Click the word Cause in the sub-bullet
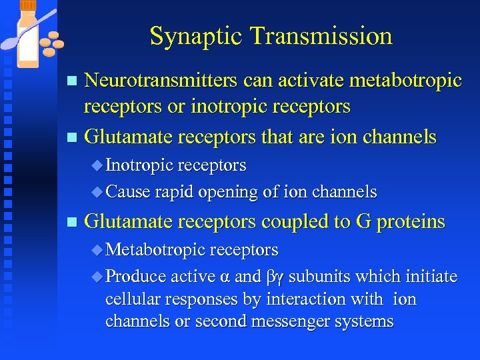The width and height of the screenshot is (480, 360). pos(128,193)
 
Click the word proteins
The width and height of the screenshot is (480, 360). pos(411,222)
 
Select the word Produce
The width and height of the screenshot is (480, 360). pos(136,276)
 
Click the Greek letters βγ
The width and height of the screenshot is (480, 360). pos(275,277)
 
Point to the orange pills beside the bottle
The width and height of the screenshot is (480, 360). pos(51,43)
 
